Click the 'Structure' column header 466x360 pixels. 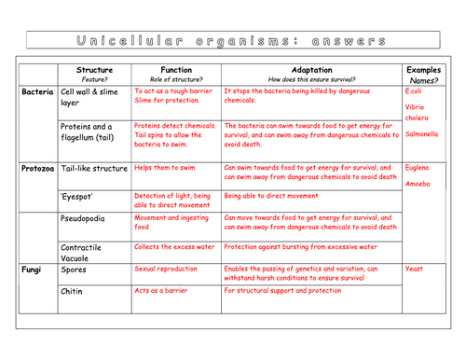pyautogui.click(x=93, y=69)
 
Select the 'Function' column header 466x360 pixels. pyautogui.click(x=175, y=69)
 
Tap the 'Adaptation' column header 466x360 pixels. pyautogui.click(x=310, y=69)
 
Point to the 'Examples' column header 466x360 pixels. pyautogui.click(x=424, y=69)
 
